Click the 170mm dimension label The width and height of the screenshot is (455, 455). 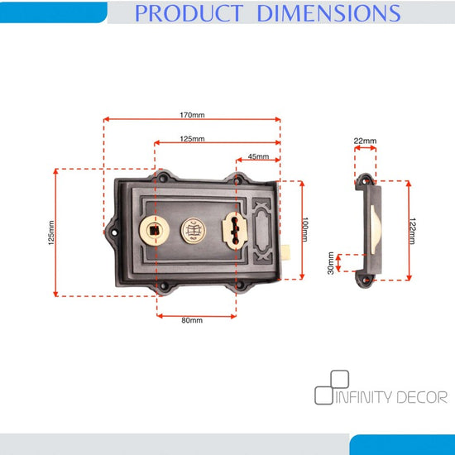pyautogui.click(x=192, y=115)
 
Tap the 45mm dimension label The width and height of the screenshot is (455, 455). pyautogui.click(x=258, y=156)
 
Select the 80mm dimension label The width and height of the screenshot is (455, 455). pyautogui.click(x=192, y=320)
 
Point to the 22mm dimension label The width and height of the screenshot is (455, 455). pyautogui.click(x=365, y=141)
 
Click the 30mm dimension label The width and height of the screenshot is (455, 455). pyautogui.click(x=331, y=263)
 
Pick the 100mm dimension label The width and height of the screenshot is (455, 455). pyautogui.click(x=305, y=229)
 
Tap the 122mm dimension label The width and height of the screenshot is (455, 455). pyautogui.click(x=412, y=231)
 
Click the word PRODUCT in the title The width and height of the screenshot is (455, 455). pyautogui.click(x=189, y=13)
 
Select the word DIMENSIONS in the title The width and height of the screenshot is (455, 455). pyautogui.click(x=328, y=13)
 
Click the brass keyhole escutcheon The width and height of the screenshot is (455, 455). pyautogui.click(x=235, y=231)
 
